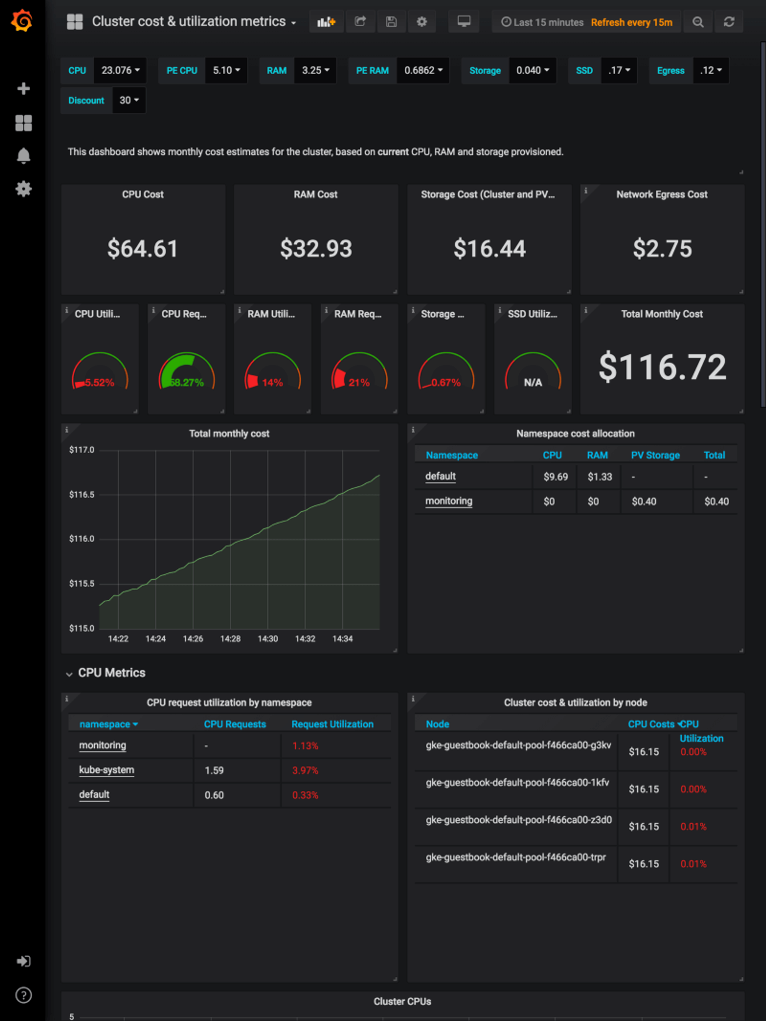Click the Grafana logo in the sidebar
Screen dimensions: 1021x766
[x=22, y=21]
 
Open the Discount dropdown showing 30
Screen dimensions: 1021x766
[x=129, y=100]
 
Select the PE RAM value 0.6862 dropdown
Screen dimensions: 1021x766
[x=423, y=71]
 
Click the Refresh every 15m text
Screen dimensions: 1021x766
[x=631, y=22]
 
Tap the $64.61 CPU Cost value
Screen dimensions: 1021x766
[x=142, y=248]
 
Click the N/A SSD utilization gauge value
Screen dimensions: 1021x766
[x=532, y=382]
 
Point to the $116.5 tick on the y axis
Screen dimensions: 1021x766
[x=82, y=494]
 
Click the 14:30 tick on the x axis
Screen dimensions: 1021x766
[x=267, y=639]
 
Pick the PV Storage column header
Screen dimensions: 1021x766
[x=655, y=455]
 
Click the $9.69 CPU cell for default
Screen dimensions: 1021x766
[x=555, y=477]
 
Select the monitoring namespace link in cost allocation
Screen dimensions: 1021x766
[x=448, y=501]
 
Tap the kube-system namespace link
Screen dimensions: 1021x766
[x=106, y=770]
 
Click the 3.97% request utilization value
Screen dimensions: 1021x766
[x=305, y=770]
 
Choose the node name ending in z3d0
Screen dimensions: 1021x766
[x=518, y=820]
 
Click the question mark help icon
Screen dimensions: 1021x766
[x=24, y=995]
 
